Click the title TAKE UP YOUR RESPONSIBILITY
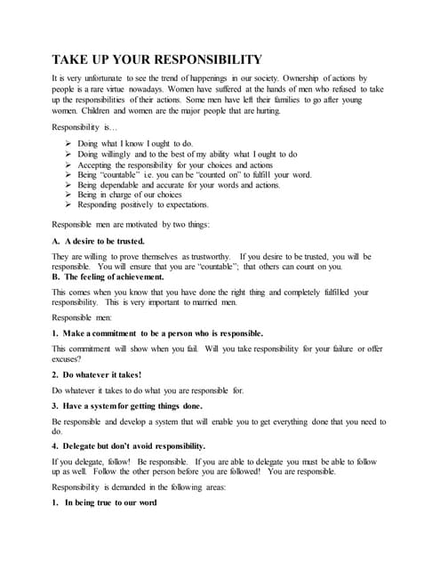(156, 60)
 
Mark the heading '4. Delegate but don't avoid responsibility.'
(129, 445)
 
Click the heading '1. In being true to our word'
(105, 502)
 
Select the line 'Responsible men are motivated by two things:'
(131, 225)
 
